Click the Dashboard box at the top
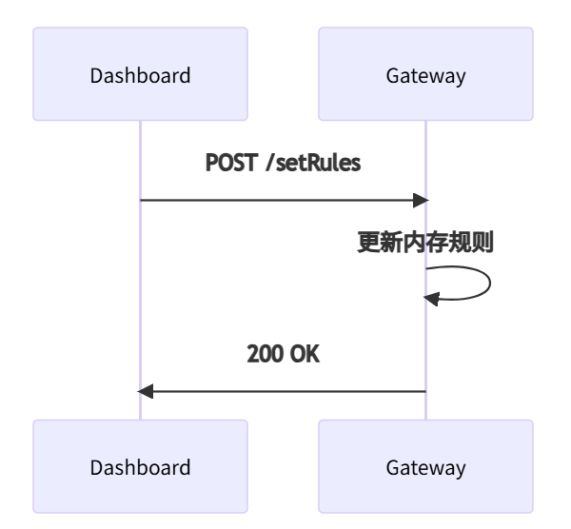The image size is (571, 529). [x=140, y=75]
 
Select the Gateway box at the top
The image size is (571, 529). [x=425, y=75]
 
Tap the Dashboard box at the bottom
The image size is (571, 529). [x=140, y=467]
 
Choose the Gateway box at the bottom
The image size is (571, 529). [x=425, y=467]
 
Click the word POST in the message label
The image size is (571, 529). [x=231, y=163]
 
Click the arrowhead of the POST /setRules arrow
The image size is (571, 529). [x=420, y=201]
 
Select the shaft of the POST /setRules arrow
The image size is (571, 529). [x=276, y=201]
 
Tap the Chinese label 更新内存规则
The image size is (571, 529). [x=424, y=243]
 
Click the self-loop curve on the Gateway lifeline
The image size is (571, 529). [x=488, y=284]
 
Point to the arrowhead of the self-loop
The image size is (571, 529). [x=432, y=300]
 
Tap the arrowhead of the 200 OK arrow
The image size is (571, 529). [x=146, y=391]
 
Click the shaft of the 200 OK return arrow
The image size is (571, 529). [x=285, y=391]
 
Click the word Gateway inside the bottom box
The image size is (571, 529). [x=425, y=467]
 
